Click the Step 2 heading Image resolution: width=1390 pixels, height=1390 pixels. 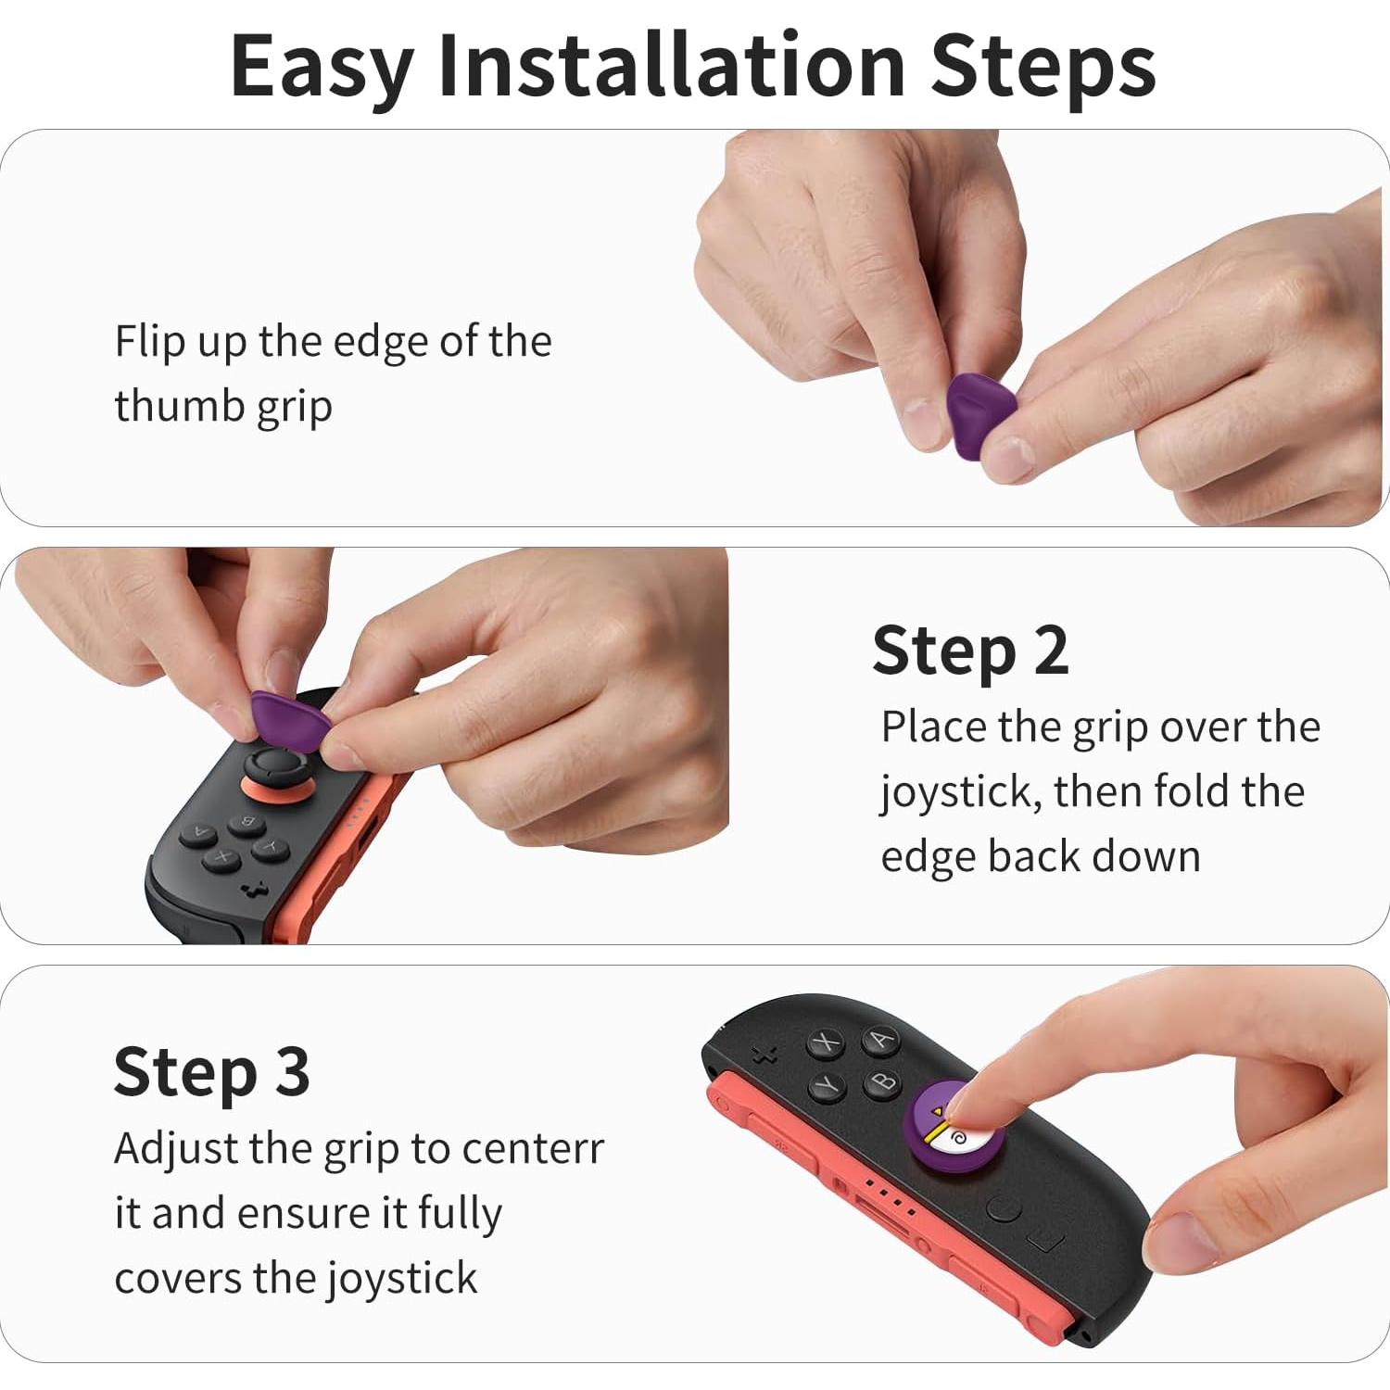tap(970, 651)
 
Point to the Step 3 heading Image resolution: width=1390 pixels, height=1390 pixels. tap(211, 1072)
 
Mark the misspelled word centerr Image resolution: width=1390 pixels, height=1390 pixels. tap(533, 1149)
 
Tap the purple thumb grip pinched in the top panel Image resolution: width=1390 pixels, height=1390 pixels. tap(980, 415)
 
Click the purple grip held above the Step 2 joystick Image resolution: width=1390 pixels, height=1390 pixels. tap(289, 719)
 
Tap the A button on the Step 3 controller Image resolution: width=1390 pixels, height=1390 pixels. tap(880, 1040)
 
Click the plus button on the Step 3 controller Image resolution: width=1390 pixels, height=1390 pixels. tap(764, 1055)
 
